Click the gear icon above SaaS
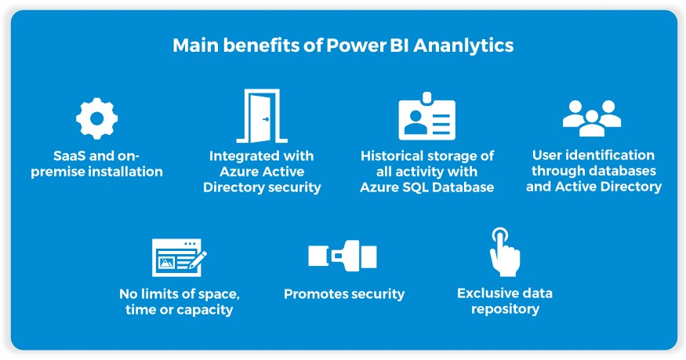coord(96,118)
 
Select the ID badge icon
coord(426,118)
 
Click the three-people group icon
coord(592,118)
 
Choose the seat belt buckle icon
coord(343,256)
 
